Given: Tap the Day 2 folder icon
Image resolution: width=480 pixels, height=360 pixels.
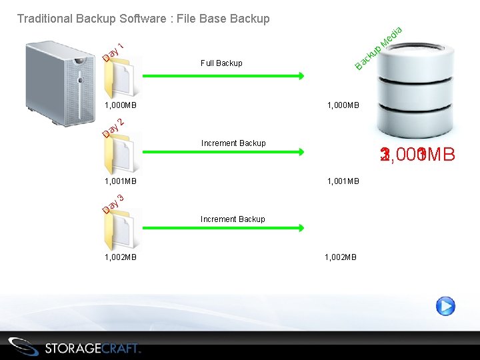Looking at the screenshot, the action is (x=120, y=153).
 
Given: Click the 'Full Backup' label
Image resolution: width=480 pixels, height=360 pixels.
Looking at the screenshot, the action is (x=221, y=63).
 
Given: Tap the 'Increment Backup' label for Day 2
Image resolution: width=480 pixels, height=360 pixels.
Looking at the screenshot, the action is (x=233, y=143).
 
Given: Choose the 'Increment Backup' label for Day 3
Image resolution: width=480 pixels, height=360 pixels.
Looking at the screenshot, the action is (x=233, y=219).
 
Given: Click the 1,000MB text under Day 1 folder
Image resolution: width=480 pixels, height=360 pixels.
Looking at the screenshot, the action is (x=121, y=105).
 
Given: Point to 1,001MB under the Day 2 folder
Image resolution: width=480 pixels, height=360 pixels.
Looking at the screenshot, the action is (x=121, y=181).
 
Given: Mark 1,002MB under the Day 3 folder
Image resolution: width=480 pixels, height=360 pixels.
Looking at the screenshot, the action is (x=121, y=257).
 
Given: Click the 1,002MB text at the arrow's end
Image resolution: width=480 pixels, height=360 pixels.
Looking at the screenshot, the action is (x=341, y=257).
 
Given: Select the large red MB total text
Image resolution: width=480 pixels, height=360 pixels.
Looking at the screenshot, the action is (x=417, y=155).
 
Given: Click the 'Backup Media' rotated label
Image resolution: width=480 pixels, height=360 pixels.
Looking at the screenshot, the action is (x=379, y=48).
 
